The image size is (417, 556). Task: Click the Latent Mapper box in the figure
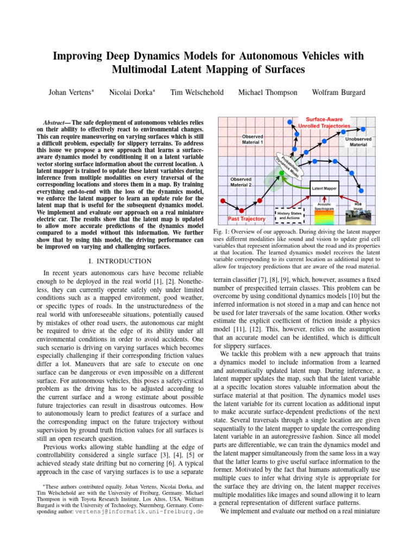[x=325, y=188]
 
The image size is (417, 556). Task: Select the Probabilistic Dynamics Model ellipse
[x=288, y=162]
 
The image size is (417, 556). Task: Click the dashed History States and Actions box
[x=289, y=215]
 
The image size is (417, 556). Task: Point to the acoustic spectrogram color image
[x=325, y=217]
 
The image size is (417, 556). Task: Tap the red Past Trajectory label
[x=247, y=219]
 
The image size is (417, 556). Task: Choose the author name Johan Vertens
[x=69, y=92]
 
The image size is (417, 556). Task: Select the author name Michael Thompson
[x=268, y=92]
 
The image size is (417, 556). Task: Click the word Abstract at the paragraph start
[x=56, y=123]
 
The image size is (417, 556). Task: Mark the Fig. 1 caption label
[x=222, y=232]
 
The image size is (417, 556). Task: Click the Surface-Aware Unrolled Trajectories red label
[x=324, y=122]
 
